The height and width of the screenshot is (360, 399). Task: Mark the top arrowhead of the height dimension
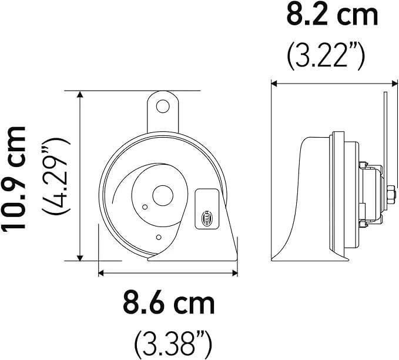point(79,95)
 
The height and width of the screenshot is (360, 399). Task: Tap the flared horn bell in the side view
point(303,200)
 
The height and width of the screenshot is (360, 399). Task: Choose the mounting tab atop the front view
point(162,112)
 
